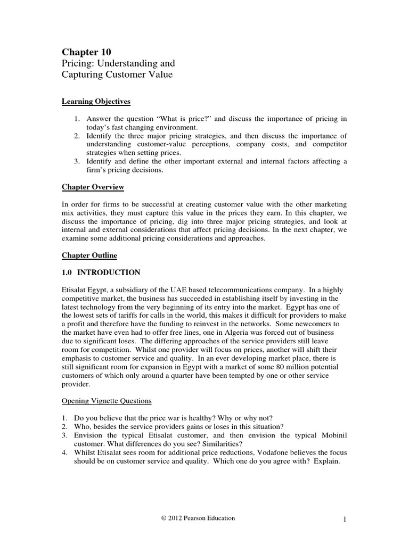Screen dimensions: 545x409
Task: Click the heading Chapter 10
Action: (x=85, y=52)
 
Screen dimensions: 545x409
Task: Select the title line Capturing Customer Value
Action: (x=117, y=75)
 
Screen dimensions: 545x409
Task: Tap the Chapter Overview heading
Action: (x=93, y=187)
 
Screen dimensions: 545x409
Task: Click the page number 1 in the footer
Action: (x=345, y=518)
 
